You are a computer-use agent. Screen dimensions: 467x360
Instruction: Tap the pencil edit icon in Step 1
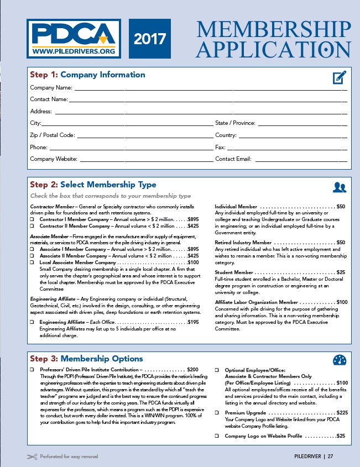click(340, 77)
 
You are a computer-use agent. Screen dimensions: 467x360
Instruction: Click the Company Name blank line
click(210, 88)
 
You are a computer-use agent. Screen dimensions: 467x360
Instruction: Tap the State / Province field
click(302, 124)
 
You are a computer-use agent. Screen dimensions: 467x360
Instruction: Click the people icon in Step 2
click(340, 187)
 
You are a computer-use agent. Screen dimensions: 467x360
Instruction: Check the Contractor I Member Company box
click(32, 219)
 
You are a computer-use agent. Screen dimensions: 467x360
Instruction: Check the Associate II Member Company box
click(32, 256)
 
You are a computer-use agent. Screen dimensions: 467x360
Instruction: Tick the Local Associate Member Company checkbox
click(32, 263)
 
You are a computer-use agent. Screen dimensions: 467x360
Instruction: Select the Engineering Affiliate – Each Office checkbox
click(32, 322)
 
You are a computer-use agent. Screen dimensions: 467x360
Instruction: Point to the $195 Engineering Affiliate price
click(193, 322)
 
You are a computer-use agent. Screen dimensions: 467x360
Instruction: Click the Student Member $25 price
click(341, 272)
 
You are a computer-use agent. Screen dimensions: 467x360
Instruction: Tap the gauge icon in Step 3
click(340, 360)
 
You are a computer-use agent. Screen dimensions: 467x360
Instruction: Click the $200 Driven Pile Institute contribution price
click(193, 369)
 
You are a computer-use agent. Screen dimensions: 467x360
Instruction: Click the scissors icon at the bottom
click(32, 456)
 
